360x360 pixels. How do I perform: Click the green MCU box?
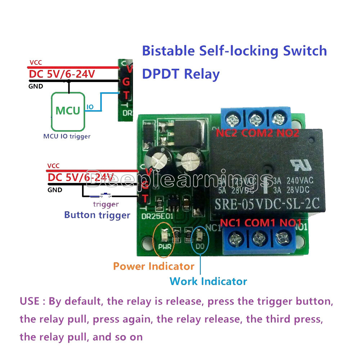coord(68,111)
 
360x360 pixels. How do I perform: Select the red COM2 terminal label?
coord(257,133)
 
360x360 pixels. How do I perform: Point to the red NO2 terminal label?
coord(288,133)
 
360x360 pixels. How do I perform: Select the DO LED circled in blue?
coord(199,236)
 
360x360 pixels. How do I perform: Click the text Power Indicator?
coord(153,266)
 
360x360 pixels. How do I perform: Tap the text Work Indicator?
coord(208,281)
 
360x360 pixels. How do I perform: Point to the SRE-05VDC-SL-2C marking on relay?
coord(267,204)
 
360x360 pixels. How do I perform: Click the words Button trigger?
coord(97,215)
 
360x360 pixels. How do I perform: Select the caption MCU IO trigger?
coord(67,136)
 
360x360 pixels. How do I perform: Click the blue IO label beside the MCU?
coord(90,107)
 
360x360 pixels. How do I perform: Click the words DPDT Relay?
coord(181,74)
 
